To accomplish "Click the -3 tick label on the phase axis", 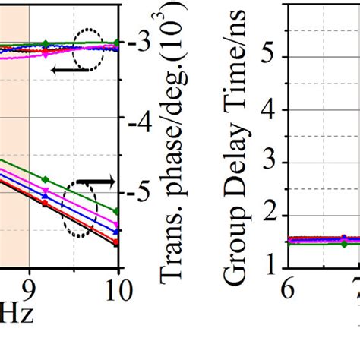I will [x=137, y=43].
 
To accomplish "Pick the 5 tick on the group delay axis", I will [x=268, y=58].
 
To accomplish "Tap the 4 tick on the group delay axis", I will [x=268, y=110].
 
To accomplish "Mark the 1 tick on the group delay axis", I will [x=268, y=267].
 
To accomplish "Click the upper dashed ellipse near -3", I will [x=90, y=50].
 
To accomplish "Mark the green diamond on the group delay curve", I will [x=345, y=244].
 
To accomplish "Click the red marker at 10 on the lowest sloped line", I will [x=117, y=243].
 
